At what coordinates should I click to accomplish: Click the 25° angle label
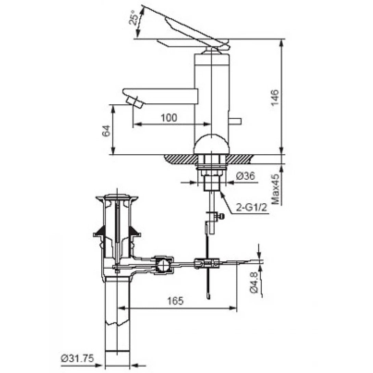pos(133,17)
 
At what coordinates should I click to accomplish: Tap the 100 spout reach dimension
pos(169,118)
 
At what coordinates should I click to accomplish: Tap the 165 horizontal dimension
pos(175,301)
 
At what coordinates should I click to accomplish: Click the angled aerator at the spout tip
pos(134,102)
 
